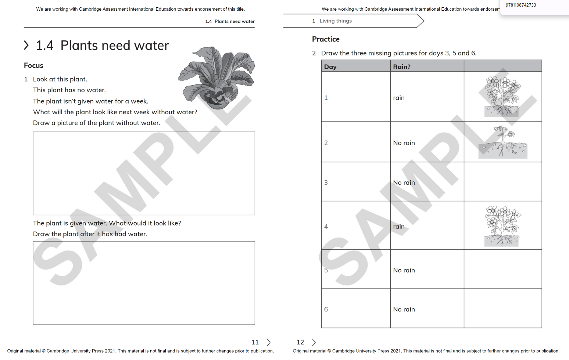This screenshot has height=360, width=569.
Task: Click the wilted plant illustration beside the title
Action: point(216,78)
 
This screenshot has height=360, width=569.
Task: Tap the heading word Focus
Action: point(33,66)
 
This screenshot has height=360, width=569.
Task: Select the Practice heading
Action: point(326,39)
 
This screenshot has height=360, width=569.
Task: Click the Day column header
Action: point(330,67)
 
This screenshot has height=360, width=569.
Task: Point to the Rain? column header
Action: point(401,67)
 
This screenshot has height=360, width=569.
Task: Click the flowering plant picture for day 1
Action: point(502,97)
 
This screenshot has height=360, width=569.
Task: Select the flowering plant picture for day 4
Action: point(502,226)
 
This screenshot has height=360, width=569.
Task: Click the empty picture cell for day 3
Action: point(502,182)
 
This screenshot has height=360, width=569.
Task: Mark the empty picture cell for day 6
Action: point(502,309)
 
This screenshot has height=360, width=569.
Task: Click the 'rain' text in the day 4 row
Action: point(398,227)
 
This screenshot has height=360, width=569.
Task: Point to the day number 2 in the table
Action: point(326,143)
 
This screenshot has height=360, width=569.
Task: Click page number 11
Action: point(255,342)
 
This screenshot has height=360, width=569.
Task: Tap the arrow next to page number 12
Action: point(314,342)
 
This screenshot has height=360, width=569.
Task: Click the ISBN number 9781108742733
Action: point(520,5)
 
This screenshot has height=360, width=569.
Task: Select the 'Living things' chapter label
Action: point(335,21)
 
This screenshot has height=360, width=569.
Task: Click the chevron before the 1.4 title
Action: point(26,46)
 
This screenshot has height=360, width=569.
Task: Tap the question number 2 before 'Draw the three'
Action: point(314,53)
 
